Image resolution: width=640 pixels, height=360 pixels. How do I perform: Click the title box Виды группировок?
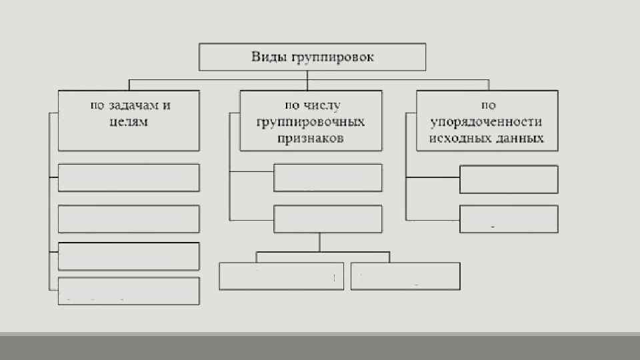tap(312, 57)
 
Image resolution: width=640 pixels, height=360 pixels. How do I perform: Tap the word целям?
tap(128, 122)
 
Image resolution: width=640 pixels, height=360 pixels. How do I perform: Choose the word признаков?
tap(311, 139)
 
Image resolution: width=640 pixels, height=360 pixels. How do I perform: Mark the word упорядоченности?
tap(486, 122)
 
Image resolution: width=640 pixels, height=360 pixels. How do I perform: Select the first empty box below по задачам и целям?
tap(129, 177)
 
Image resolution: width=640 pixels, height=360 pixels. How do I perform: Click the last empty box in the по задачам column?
tap(129, 291)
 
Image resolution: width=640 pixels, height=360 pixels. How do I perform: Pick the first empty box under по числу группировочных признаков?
tap(327, 177)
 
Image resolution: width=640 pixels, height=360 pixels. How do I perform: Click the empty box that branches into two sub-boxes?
tap(327, 219)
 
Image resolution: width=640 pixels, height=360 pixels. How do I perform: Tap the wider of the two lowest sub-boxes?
tap(281, 276)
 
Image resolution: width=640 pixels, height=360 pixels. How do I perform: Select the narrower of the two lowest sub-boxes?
tap(405, 276)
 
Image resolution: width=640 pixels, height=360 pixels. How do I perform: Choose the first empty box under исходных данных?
tap(509, 179)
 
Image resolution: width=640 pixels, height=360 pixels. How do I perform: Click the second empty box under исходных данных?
tap(509, 219)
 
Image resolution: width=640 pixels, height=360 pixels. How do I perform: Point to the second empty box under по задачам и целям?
tap(129, 219)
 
